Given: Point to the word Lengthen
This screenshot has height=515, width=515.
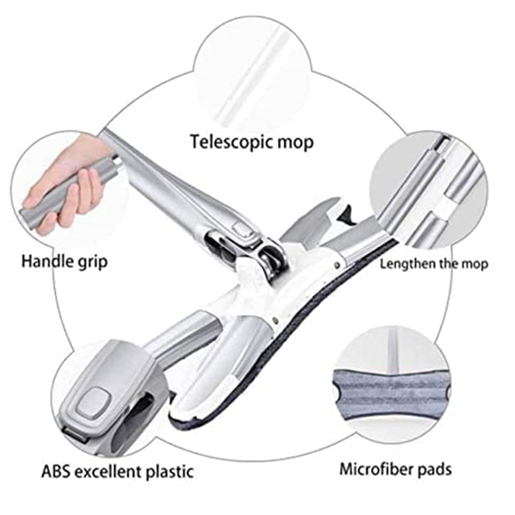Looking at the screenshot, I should coord(405,264).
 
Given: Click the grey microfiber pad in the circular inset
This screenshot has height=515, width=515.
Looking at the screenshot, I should coord(391,389).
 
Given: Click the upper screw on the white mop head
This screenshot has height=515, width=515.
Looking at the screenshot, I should coord(336,264).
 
